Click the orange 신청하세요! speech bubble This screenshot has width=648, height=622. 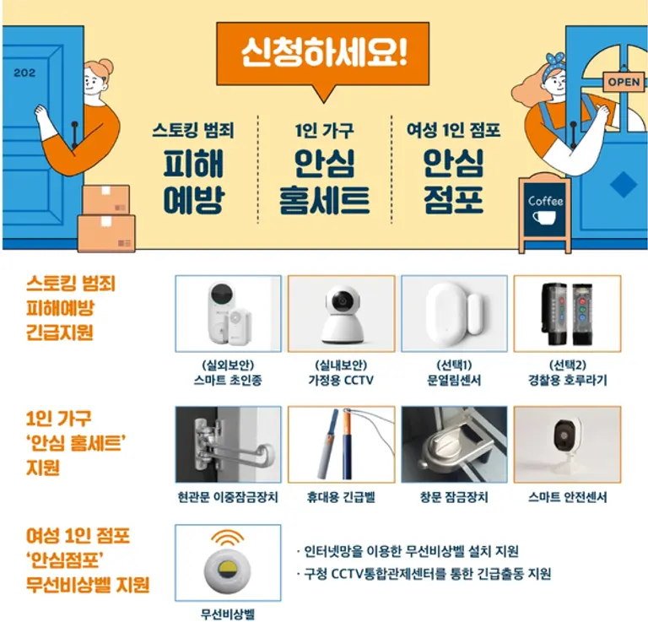(x=324, y=52)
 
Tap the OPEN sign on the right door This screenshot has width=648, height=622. (x=623, y=82)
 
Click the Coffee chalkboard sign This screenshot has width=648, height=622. (x=544, y=211)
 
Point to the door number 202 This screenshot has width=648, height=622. (x=24, y=73)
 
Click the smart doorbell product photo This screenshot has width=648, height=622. (x=228, y=313)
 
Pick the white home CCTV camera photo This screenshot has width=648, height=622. (x=341, y=313)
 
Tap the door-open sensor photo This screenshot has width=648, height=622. (x=454, y=313)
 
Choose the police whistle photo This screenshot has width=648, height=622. (x=567, y=313)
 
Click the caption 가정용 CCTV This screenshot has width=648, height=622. (x=341, y=381)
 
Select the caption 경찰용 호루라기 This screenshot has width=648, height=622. (x=567, y=381)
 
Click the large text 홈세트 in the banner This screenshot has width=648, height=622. (x=324, y=200)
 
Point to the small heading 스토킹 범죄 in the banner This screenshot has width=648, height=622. (x=192, y=130)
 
